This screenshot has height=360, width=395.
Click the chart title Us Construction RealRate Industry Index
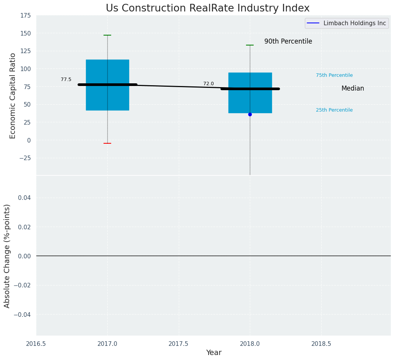coord(207,8)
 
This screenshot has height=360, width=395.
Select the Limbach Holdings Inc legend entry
coord(354,23)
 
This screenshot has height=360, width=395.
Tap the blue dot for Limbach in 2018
coord(250,114)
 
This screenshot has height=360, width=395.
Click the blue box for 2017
coord(96,69)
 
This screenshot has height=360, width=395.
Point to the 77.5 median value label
coord(66,79)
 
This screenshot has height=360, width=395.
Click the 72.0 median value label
coord(209,84)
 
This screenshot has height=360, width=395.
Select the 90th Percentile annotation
coord(288,42)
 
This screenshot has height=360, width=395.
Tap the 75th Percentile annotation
coord(334,75)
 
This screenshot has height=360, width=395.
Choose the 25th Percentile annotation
coord(334,110)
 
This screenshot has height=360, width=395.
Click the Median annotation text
coord(353,89)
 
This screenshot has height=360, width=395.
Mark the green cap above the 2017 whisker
coord(107,35)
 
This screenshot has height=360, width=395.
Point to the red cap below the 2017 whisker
coord(107,143)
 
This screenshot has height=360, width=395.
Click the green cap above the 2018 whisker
coord(250,45)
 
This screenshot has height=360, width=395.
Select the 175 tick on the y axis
coord(26,16)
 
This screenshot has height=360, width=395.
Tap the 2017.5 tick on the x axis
coord(178,344)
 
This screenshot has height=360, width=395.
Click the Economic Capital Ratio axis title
coord(13,96)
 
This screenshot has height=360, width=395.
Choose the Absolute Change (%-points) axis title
coord(7,256)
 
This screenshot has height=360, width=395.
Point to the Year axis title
coord(214,353)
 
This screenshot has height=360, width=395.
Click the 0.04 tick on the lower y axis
coord(24,198)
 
